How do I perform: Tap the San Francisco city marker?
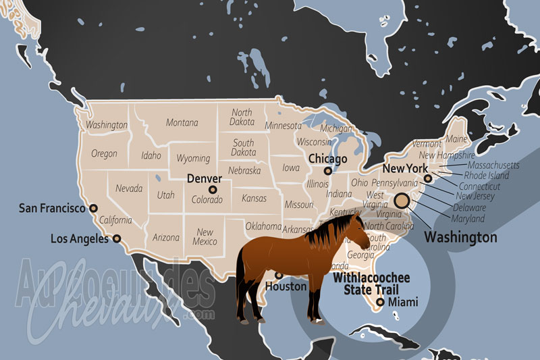(x=93, y=208)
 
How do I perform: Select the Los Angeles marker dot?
(x=117, y=238)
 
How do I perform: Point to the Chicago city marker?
(x=328, y=171)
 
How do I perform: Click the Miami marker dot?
(x=381, y=302)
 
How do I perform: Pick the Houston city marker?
(x=279, y=275)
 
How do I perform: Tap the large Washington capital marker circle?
(x=402, y=200)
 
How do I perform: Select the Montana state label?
(x=182, y=123)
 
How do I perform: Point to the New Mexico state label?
(x=205, y=236)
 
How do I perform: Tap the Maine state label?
(x=457, y=139)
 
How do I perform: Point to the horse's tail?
(x=240, y=284)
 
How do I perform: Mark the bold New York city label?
(x=405, y=169)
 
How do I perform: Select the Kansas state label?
(x=254, y=199)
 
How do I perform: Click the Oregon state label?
(x=104, y=153)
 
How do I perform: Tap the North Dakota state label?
(x=242, y=117)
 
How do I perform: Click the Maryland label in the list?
(x=468, y=219)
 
